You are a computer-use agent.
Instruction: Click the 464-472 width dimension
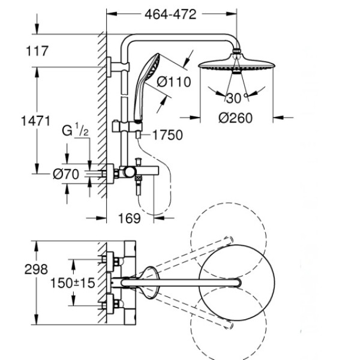pos(170,14)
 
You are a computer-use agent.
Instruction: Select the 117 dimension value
pos(37,51)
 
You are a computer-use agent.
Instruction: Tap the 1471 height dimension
pos(35,121)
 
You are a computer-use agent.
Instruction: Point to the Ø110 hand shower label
pos(174,82)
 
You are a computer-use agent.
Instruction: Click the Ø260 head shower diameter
pos(235,118)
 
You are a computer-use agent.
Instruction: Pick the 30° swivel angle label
pos(236,98)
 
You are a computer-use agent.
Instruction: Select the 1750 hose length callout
pos(167,135)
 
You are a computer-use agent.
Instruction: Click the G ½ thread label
pos(75,130)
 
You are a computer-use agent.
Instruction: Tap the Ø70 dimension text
pos(66,174)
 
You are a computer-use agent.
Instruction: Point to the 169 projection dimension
pos(129,218)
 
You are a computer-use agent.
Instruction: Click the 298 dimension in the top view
pos(36,269)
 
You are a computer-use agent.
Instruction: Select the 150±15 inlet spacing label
pos(73,283)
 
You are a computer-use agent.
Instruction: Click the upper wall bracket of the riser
pos(118,67)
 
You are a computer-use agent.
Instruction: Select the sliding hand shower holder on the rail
pos(127,127)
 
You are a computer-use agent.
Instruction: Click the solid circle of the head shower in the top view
pos(237,283)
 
